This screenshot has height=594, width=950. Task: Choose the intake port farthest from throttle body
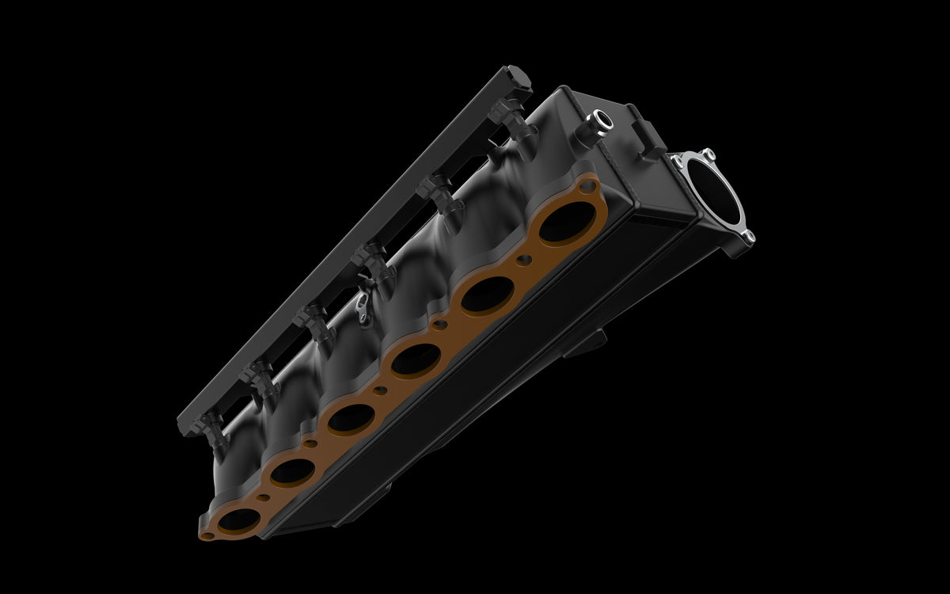pyautogui.click(x=238, y=520)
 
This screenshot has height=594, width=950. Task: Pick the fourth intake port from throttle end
pyautogui.click(x=351, y=418)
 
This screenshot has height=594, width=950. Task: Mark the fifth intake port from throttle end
pyautogui.click(x=292, y=472)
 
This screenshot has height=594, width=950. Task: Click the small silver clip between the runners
pyautogui.click(x=363, y=306)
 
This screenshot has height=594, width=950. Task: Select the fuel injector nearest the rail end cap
pyautogui.click(x=507, y=119)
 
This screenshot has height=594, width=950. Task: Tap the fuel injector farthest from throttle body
pyautogui.click(x=211, y=428)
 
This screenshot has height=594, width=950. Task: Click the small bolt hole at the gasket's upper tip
pyautogui.click(x=587, y=186)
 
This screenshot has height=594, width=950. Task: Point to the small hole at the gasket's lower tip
pyautogui.click(x=207, y=536)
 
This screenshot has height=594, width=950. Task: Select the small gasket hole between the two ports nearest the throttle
pyautogui.click(x=523, y=258)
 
